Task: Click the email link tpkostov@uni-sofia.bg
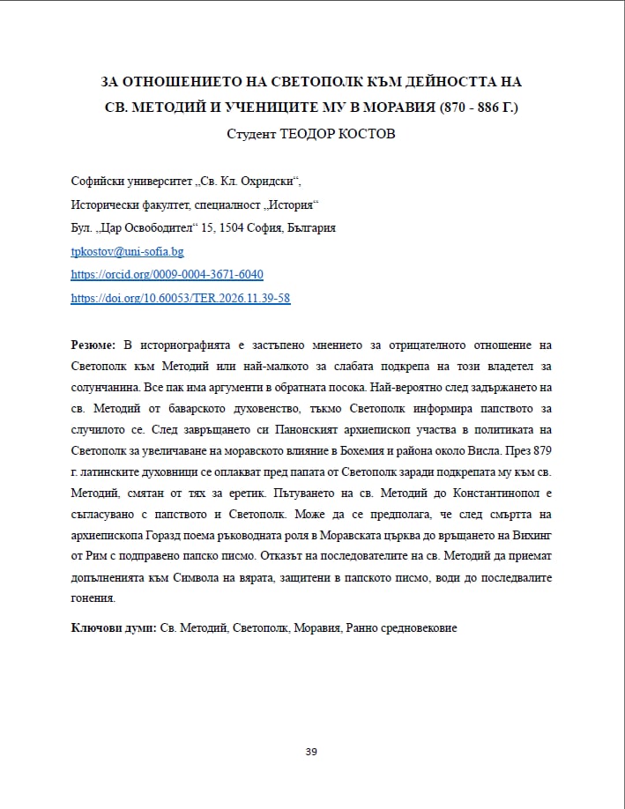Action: [127, 251]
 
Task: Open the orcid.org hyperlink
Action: [167, 274]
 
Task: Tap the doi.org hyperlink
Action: [180, 298]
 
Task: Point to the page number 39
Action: [311, 752]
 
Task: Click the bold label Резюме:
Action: [93, 344]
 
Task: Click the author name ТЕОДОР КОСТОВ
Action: [339, 136]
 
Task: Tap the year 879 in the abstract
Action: [540, 449]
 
